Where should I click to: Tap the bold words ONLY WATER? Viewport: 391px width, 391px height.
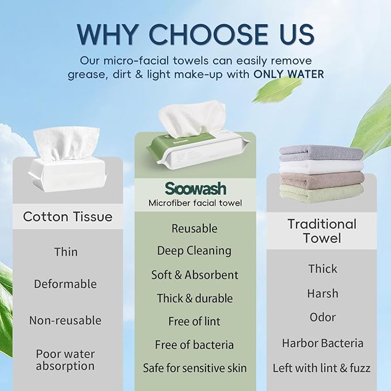(288, 74)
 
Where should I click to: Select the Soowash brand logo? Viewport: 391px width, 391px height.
(196, 188)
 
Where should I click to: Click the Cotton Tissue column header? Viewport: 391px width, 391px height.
(67, 217)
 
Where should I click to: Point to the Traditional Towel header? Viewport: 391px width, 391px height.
(322, 231)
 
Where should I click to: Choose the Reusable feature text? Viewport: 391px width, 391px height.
(194, 229)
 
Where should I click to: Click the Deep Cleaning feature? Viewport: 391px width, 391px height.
(194, 250)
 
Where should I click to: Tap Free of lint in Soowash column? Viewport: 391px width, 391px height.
(194, 321)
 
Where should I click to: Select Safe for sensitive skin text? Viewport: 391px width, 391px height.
(195, 368)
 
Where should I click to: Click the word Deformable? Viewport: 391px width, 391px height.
(65, 284)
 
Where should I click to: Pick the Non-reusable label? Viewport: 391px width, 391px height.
(65, 320)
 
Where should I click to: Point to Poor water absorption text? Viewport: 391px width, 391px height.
(65, 360)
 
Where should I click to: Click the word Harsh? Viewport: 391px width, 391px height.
(322, 293)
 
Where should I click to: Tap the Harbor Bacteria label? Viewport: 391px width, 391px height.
(322, 343)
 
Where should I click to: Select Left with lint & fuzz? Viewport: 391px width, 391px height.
(322, 368)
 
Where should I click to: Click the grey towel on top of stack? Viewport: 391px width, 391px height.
(321, 153)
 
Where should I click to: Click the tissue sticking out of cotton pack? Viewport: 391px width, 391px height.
(66, 143)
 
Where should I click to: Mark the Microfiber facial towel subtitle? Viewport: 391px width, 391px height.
(195, 203)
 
